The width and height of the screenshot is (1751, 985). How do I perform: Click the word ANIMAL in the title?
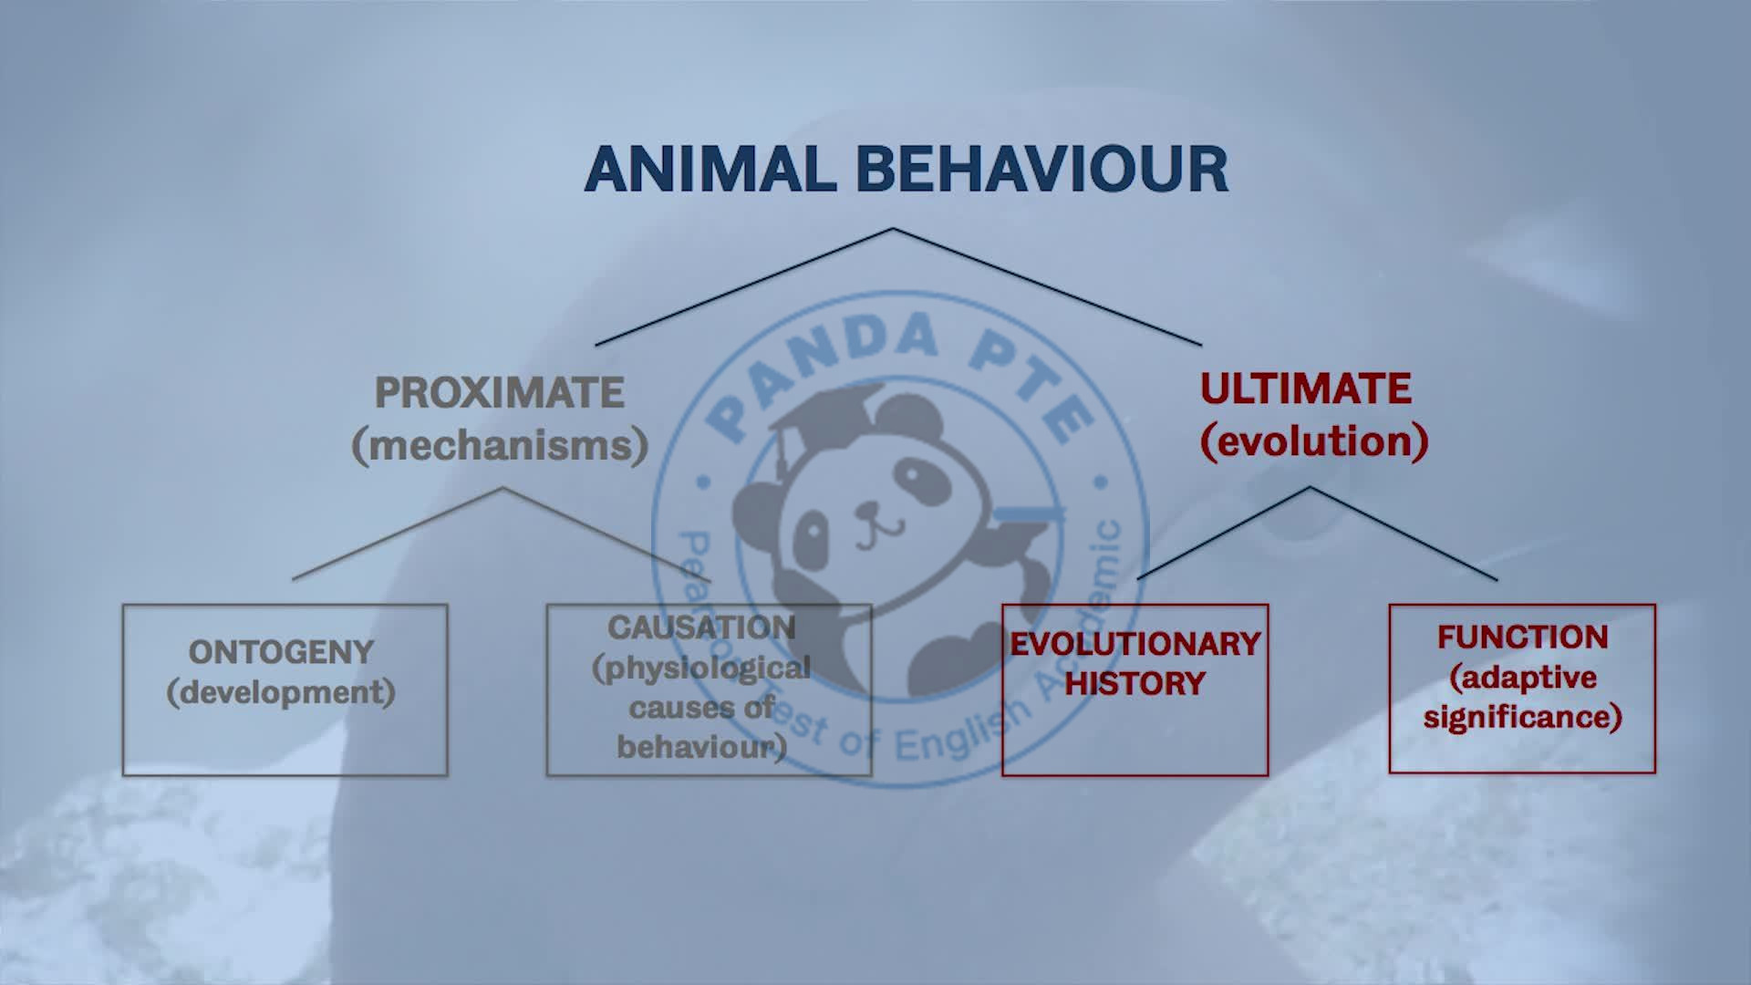pyautogui.click(x=711, y=169)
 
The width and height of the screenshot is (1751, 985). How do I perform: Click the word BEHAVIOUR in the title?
pyautogui.click(x=1043, y=169)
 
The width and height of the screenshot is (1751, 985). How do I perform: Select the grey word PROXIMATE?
pyautogui.click(x=500, y=393)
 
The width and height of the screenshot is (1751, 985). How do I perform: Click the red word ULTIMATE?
pyautogui.click(x=1306, y=389)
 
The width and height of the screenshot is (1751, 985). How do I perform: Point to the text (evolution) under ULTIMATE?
pyautogui.click(x=1313, y=441)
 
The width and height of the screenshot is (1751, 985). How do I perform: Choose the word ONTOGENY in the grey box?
pyautogui.click(x=281, y=652)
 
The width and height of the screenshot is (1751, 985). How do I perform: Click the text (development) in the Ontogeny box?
pyautogui.click(x=281, y=692)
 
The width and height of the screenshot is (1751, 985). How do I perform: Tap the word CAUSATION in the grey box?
pyautogui.click(x=701, y=627)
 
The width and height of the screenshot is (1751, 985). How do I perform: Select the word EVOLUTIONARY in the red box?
pyautogui.click(x=1135, y=644)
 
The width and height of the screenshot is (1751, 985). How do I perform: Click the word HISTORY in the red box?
pyautogui.click(x=1135, y=683)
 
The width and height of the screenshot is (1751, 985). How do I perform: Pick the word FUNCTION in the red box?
pyautogui.click(x=1522, y=637)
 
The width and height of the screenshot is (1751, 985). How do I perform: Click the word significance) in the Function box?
pyautogui.click(x=1522, y=717)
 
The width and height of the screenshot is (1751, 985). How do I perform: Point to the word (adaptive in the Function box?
pyautogui.click(x=1522, y=677)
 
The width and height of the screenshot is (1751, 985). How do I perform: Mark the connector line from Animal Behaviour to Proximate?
pyautogui.click(x=743, y=286)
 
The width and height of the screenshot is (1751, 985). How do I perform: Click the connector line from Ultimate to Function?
pyautogui.click(x=1404, y=534)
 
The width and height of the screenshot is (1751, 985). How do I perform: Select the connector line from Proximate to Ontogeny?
pyautogui.click(x=397, y=534)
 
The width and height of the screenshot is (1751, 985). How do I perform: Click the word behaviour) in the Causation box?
pyautogui.click(x=701, y=747)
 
